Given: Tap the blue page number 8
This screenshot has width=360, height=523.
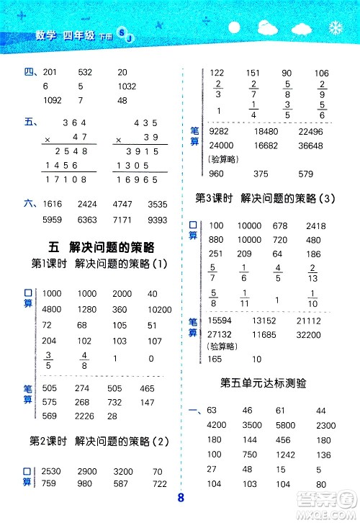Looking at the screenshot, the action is (181, 497).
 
